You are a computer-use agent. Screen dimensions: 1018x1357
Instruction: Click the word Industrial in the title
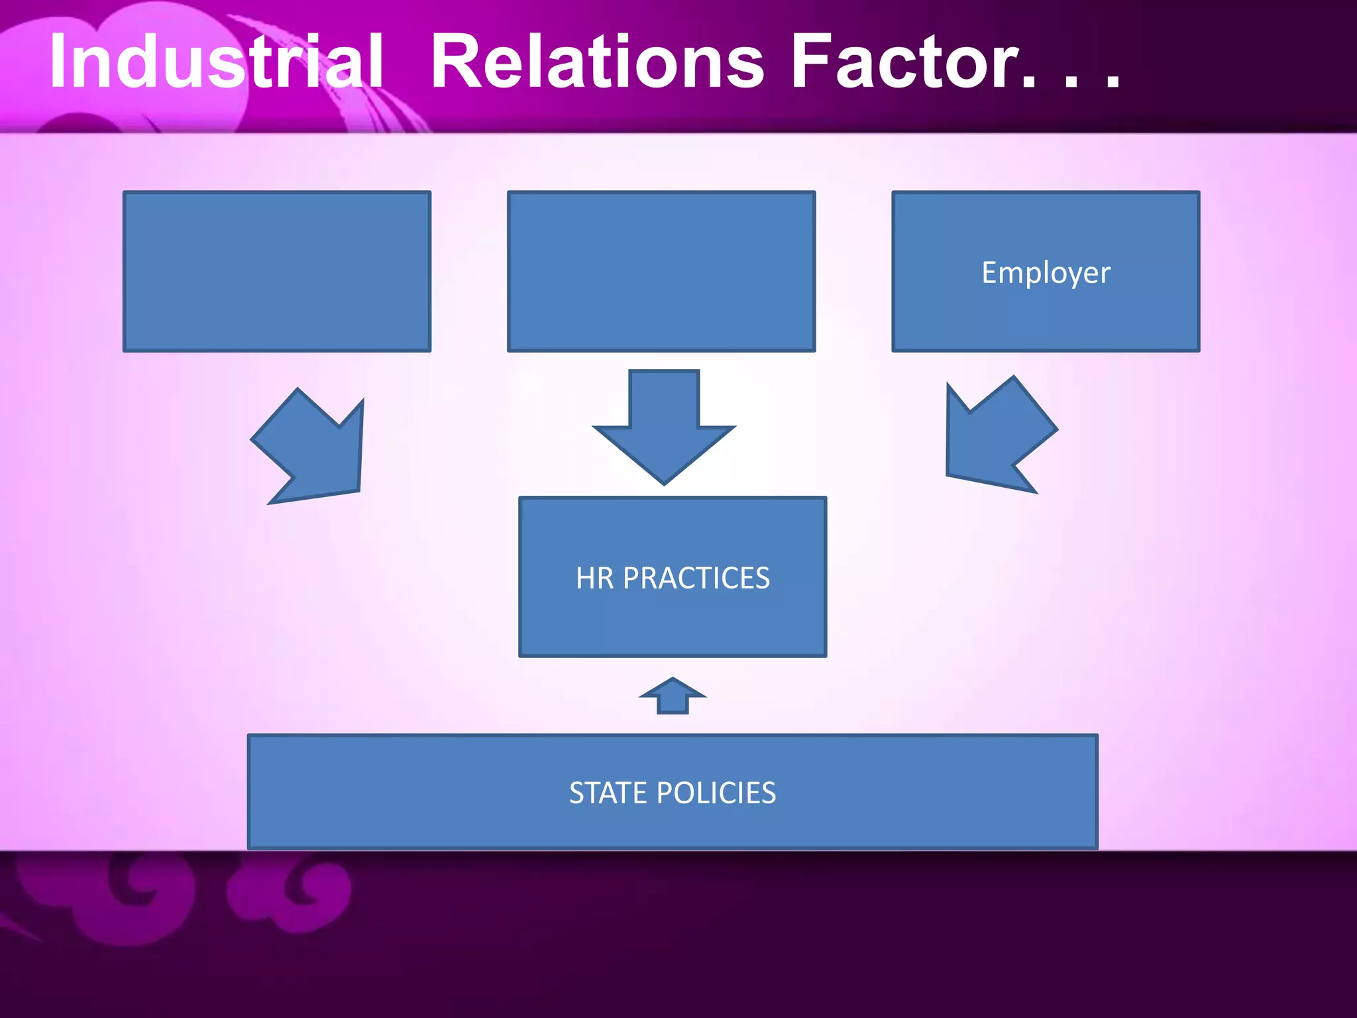(216, 61)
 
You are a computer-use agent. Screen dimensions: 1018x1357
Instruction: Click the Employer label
(1046, 272)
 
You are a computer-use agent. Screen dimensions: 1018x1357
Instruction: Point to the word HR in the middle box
(595, 578)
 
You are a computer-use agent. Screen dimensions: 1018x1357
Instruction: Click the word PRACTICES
(696, 578)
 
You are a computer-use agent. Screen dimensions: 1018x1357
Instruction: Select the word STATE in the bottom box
(608, 793)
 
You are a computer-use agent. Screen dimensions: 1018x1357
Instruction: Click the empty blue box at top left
(277, 271)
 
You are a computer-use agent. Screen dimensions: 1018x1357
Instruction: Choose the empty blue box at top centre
(661, 271)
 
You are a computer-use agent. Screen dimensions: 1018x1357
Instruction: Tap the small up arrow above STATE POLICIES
(673, 697)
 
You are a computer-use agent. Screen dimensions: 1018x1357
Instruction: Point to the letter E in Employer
(989, 272)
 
